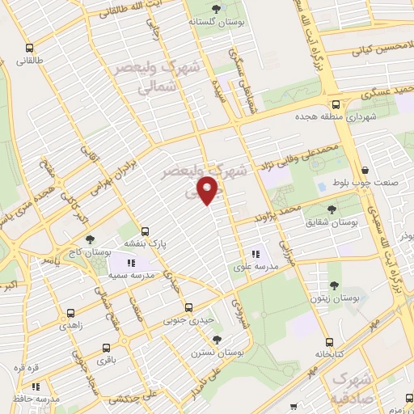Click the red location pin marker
coord(209,190)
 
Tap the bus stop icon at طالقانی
coord(30,48)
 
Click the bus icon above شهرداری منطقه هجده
coord(336,104)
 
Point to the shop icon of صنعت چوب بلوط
coord(365,171)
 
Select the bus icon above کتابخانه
coord(327,342)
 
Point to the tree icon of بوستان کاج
coord(89,240)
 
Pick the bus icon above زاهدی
coord(71,312)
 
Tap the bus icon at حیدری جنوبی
coord(188,307)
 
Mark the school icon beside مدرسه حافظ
coord(14,399)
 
